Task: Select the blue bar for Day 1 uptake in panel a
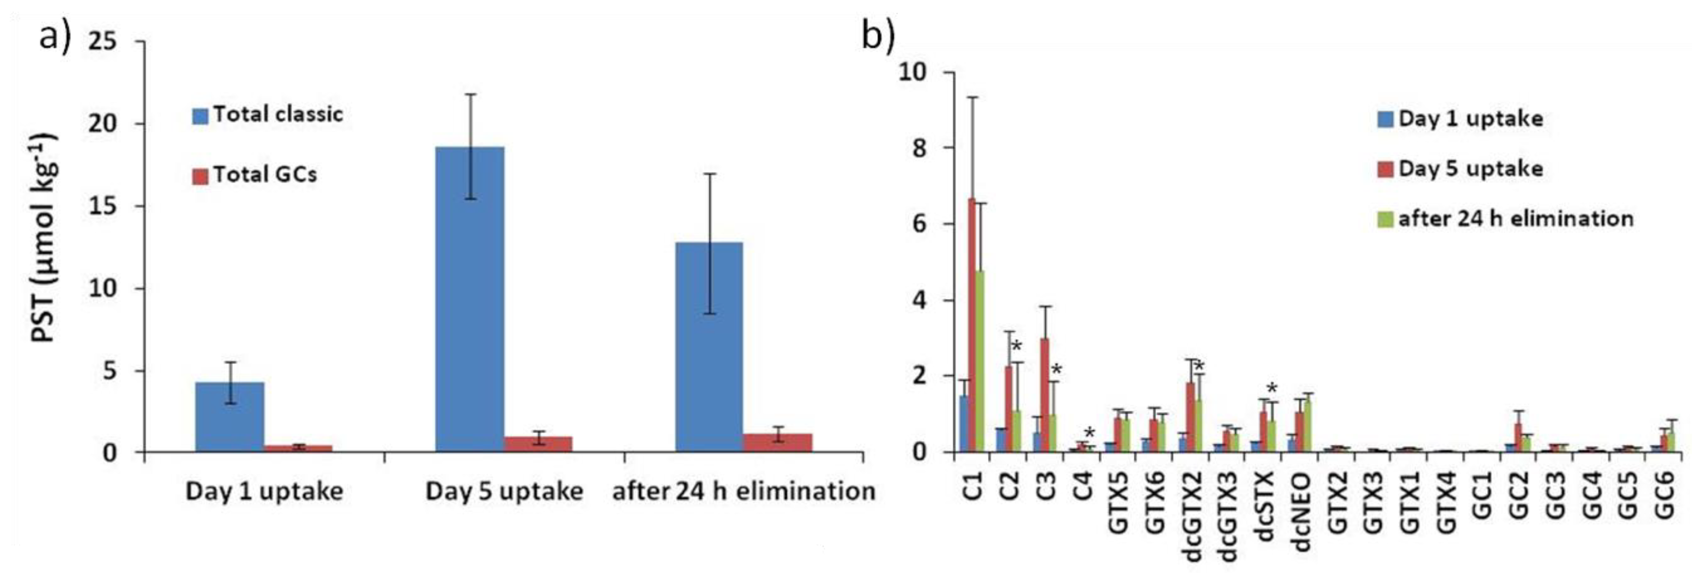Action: [x=230, y=417]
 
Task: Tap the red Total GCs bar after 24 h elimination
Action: [x=777, y=442]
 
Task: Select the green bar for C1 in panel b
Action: [x=980, y=361]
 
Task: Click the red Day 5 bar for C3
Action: [x=1044, y=394]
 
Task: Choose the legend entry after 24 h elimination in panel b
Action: [x=1516, y=218]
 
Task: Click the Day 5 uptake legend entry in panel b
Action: [x=1470, y=169]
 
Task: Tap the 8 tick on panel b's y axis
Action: [x=916, y=148]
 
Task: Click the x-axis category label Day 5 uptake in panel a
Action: [x=504, y=491]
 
